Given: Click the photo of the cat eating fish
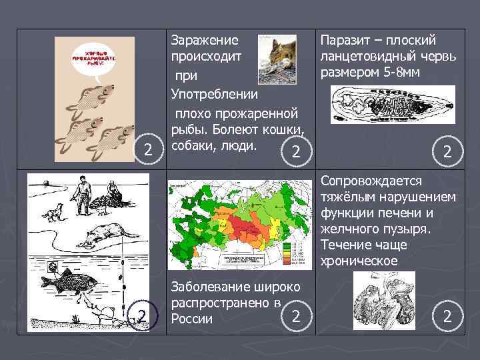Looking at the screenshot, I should click(277, 59).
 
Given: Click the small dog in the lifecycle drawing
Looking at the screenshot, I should click(51, 214).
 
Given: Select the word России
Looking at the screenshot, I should click(191, 318).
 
